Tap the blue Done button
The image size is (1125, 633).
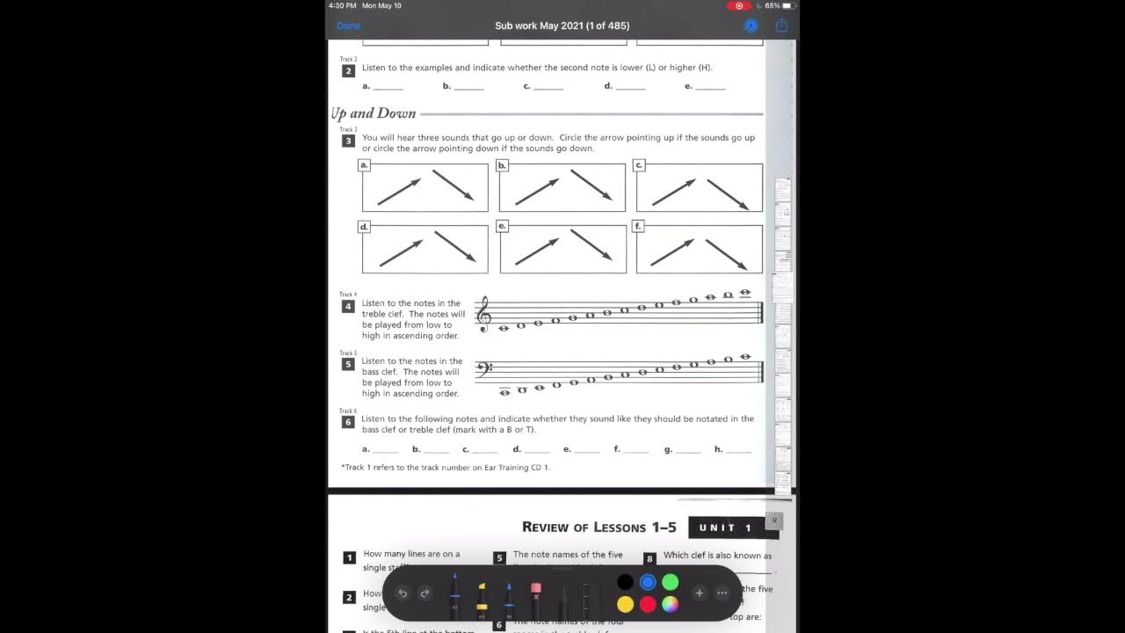coord(348,26)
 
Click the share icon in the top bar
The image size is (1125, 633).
coord(780,26)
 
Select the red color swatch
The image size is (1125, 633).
coord(648,604)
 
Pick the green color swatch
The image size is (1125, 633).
coord(671,582)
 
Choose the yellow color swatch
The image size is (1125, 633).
coord(625,604)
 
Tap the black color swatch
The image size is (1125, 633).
coord(625,582)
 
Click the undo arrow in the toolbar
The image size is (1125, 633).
coord(403,593)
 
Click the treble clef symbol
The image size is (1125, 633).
coord(483,314)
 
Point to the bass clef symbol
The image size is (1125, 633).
coord(483,368)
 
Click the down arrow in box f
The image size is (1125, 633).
coord(726,254)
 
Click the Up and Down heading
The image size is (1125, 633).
coord(374,113)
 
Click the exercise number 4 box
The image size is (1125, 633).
coord(348,307)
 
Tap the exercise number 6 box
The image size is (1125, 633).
coord(348,422)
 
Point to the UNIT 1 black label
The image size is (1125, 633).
coord(726,527)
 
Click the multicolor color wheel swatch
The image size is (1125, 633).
coord(671,604)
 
